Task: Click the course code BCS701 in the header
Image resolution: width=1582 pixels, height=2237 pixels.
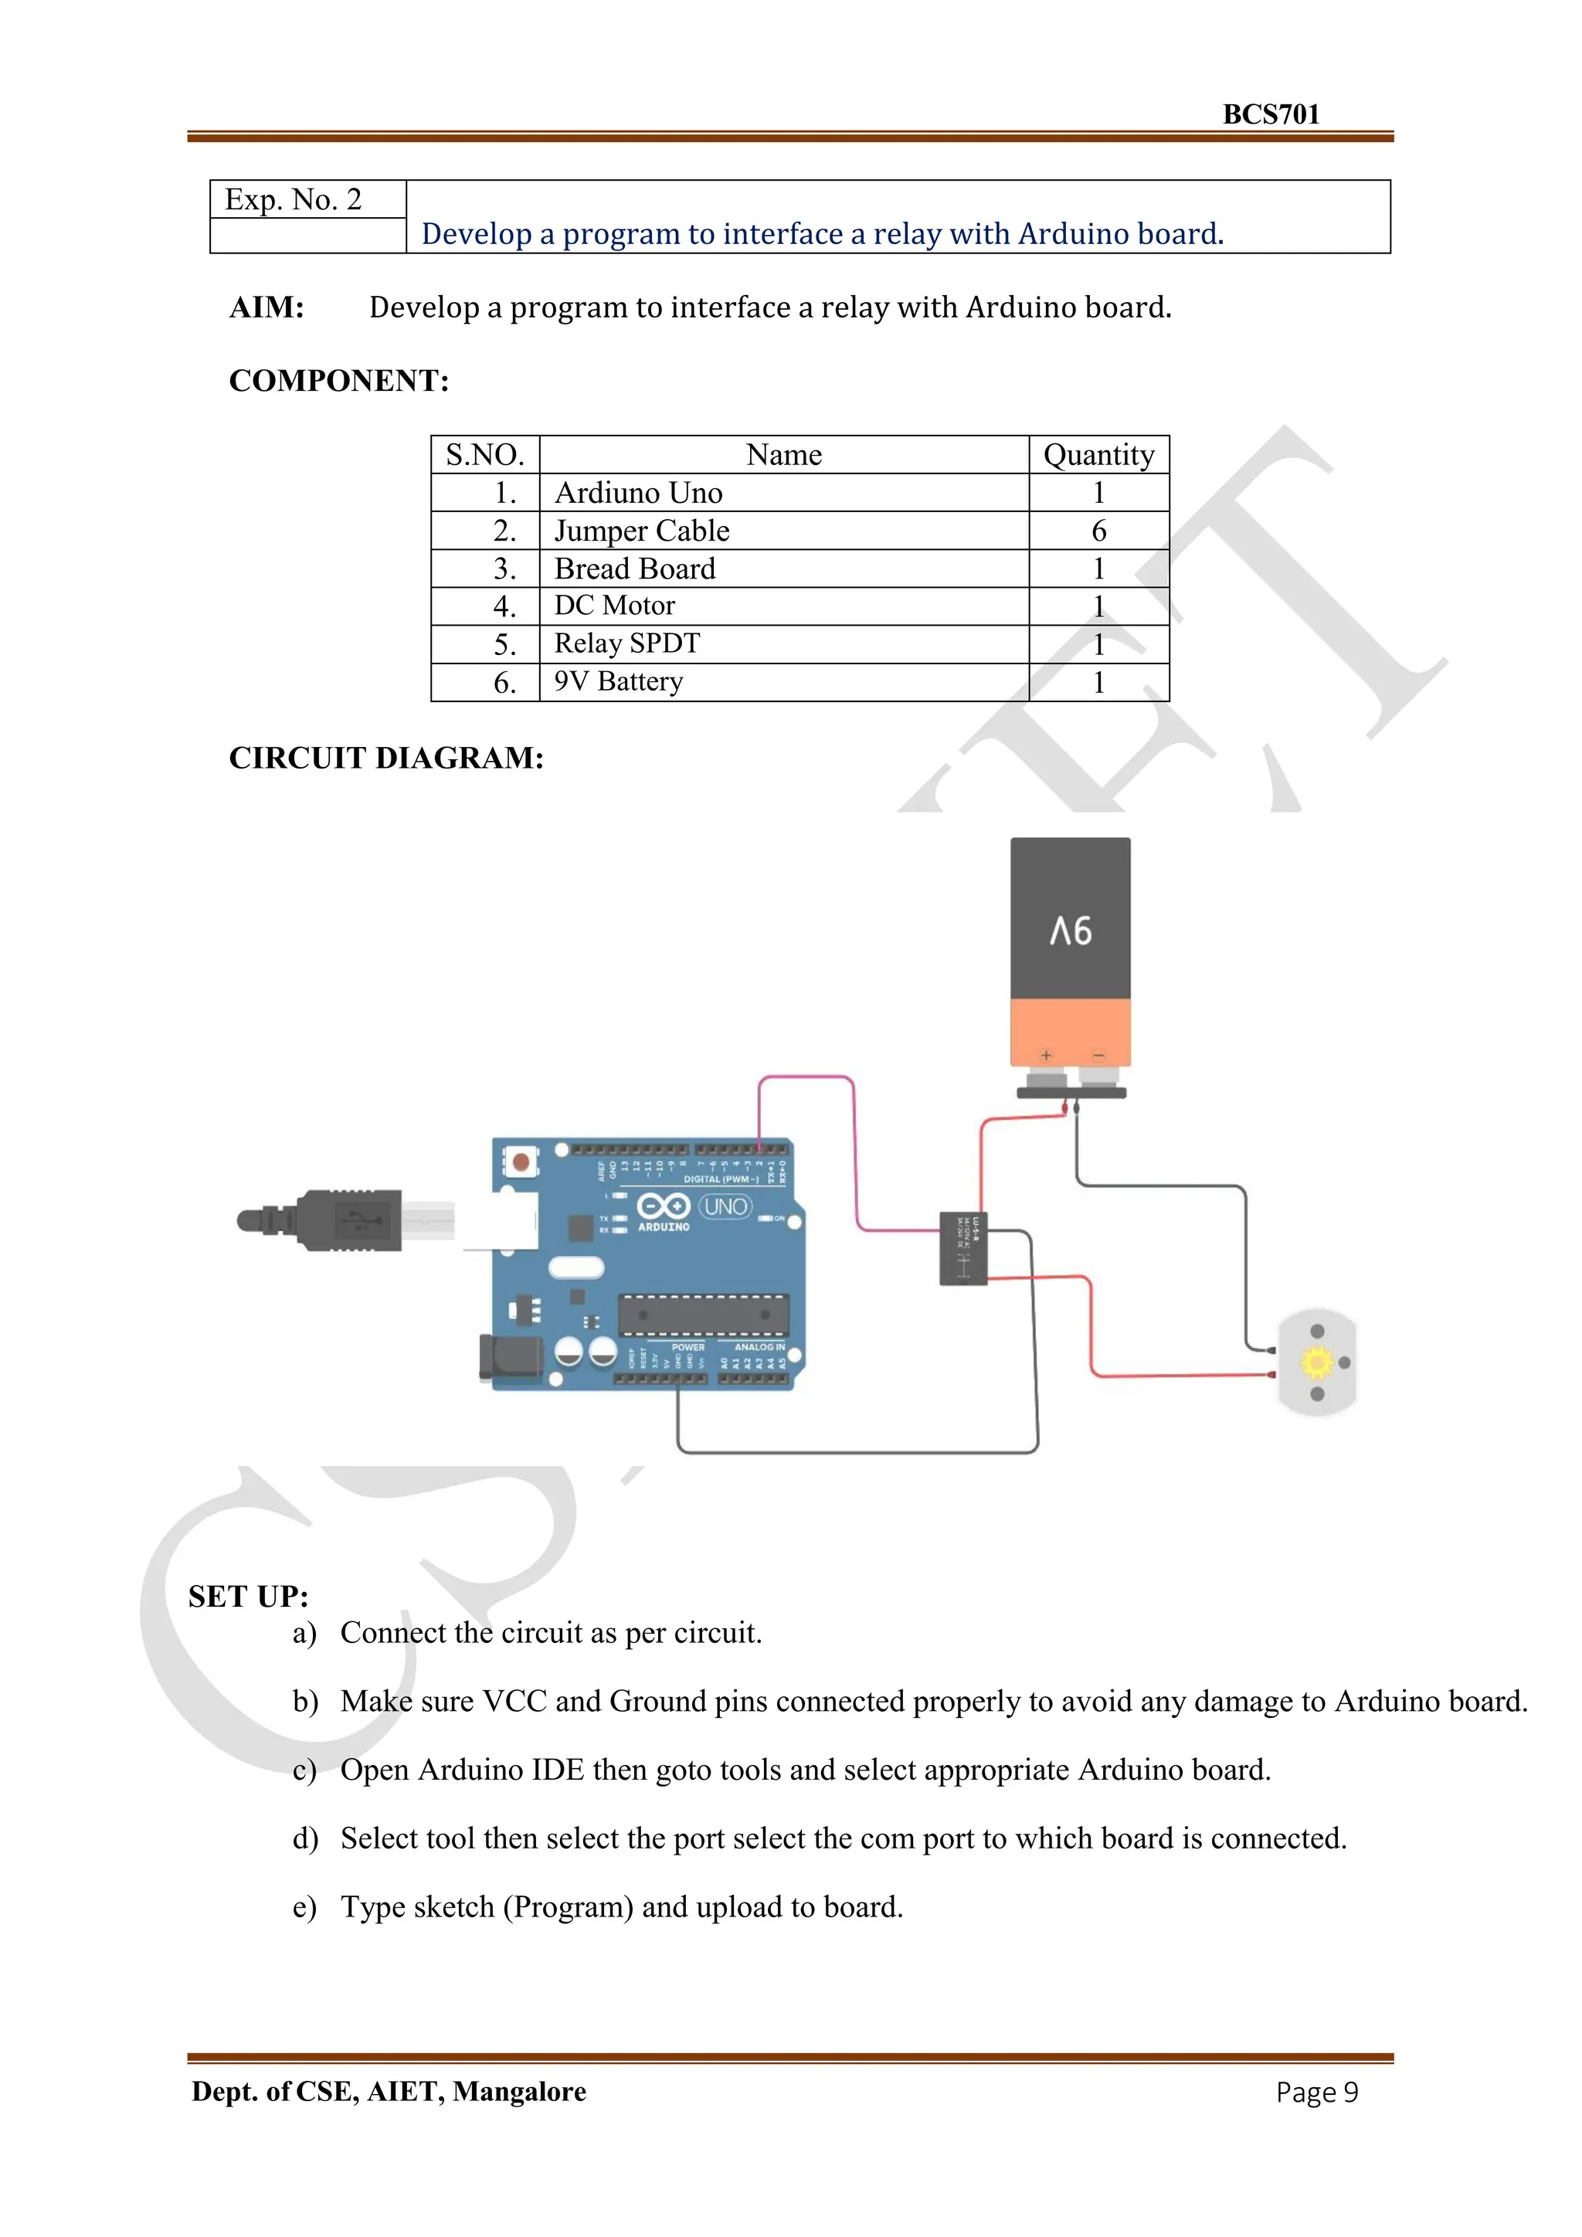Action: [1270, 114]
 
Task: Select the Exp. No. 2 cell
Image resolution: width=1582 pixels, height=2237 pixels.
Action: [294, 200]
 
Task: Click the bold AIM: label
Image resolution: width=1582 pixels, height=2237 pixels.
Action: [266, 308]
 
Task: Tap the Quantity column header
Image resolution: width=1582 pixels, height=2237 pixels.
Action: [1098, 455]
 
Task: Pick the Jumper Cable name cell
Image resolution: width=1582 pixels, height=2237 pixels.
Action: [642, 531]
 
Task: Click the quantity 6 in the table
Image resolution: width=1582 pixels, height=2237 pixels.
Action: [1098, 531]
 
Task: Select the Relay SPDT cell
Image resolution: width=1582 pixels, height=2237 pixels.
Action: [627, 644]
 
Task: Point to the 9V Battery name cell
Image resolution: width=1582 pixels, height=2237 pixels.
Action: [619, 682]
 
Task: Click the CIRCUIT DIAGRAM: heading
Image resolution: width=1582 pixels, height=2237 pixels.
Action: [385, 758]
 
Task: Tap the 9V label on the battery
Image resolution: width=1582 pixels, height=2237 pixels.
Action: [1070, 931]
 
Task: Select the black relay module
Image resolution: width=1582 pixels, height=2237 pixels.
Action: [962, 1248]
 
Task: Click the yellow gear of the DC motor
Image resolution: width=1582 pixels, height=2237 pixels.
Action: [1316, 1361]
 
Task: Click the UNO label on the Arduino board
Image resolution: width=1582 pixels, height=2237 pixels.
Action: [726, 1207]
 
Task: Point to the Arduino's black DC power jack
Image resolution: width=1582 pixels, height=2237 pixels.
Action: [508, 1358]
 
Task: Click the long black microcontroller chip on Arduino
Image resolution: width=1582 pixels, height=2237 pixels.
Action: [702, 1315]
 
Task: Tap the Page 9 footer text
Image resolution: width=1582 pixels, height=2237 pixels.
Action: [1316, 2092]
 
